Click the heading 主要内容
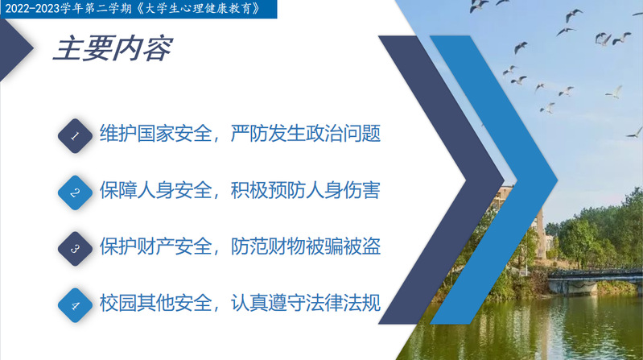113,49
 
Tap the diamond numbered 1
75,136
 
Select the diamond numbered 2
75,192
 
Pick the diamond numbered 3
75,249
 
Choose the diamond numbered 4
75,305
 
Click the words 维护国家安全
155,134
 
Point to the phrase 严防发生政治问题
306,134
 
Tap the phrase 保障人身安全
155,190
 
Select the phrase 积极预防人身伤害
306,190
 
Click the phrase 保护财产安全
155,246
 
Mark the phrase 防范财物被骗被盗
306,246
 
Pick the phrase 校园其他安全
155,303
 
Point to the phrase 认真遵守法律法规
306,303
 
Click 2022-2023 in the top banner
32,9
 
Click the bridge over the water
595,280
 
